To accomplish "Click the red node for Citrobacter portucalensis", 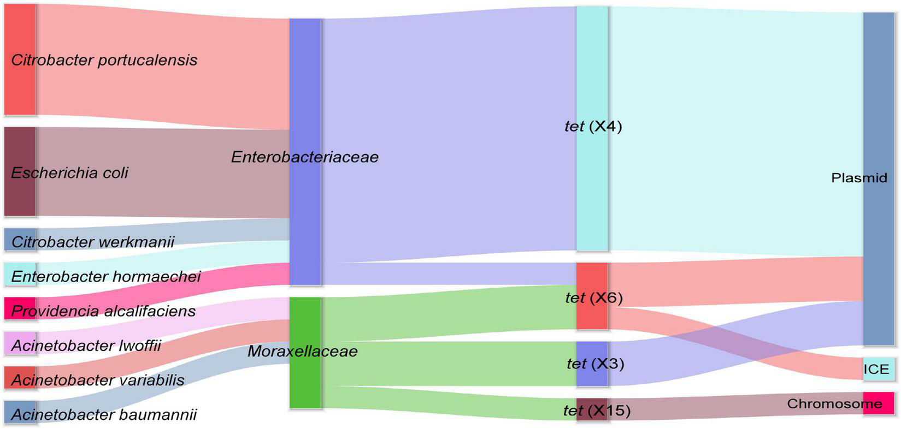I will (20, 59).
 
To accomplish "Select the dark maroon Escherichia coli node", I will (20, 172).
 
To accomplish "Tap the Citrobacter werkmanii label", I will (93, 242).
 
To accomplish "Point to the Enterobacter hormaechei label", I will (106, 276).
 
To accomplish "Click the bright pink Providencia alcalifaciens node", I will (20, 309).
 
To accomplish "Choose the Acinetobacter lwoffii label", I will (86, 345).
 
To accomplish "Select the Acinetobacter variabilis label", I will (98, 380).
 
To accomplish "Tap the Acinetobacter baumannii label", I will (104, 415).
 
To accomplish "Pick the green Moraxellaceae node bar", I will (305, 382).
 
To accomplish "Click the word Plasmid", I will (859, 178).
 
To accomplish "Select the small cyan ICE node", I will (879, 370).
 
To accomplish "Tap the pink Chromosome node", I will (879, 404).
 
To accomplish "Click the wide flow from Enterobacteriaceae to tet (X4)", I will (448, 136).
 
